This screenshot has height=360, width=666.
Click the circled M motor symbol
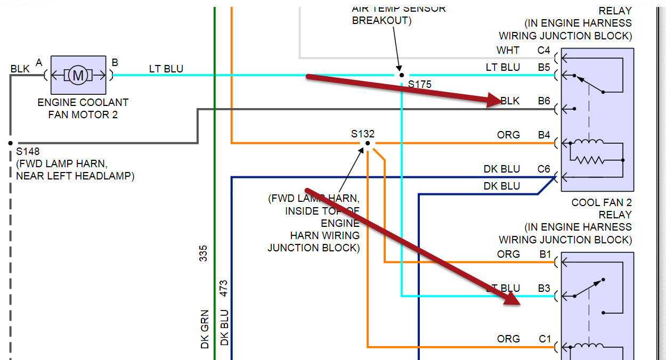pyautogui.click(x=78, y=75)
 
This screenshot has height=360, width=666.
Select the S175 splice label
pyautogui.click(x=420, y=84)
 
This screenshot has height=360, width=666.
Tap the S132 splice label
pyautogui.click(x=362, y=134)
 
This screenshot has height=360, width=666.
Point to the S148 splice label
pyautogui.click(x=28, y=151)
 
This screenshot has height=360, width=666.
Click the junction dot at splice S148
pyautogui.click(x=10, y=143)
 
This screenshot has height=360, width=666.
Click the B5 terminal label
pyautogui.click(x=543, y=68)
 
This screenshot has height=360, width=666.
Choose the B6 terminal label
pyautogui.click(x=543, y=101)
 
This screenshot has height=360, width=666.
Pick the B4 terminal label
pyautogui.click(x=543, y=135)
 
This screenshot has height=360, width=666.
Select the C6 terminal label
pyautogui.click(x=543, y=169)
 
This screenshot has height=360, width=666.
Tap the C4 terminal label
pyautogui.click(x=543, y=51)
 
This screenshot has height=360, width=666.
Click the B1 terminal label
pyautogui.click(x=545, y=254)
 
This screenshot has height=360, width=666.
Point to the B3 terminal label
pyautogui.click(x=543, y=289)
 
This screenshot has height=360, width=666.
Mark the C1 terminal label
pyautogui.click(x=544, y=339)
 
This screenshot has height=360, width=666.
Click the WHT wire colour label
pyautogui.click(x=508, y=51)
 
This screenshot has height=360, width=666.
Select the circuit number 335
pyautogui.click(x=203, y=253)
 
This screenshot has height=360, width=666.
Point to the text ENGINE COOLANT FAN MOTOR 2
pyautogui.click(x=83, y=108)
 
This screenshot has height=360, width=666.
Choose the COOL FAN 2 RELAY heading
pyautogui.click(x=601, y=208)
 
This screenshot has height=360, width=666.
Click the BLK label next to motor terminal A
pyautogui.click(x=20, y=69)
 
